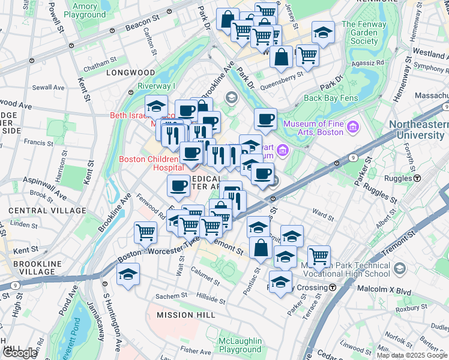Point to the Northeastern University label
[x=418, y=130]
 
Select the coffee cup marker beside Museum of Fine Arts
[x=265, y=119]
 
